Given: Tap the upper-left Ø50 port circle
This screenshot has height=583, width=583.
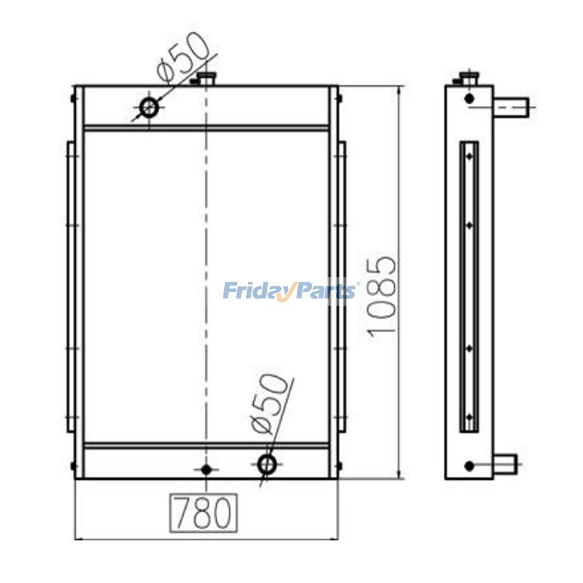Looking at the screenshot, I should coord(150,107).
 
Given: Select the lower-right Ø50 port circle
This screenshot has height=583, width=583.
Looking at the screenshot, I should coord(267,463).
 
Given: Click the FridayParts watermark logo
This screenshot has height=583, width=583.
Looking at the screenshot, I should coord(290,291).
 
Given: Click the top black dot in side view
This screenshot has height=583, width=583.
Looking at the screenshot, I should coord(470,98).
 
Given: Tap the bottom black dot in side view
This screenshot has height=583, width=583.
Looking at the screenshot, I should coord(470,464).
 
